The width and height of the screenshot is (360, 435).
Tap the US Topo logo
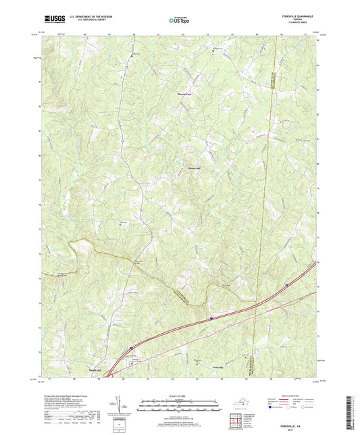(178, 20)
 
